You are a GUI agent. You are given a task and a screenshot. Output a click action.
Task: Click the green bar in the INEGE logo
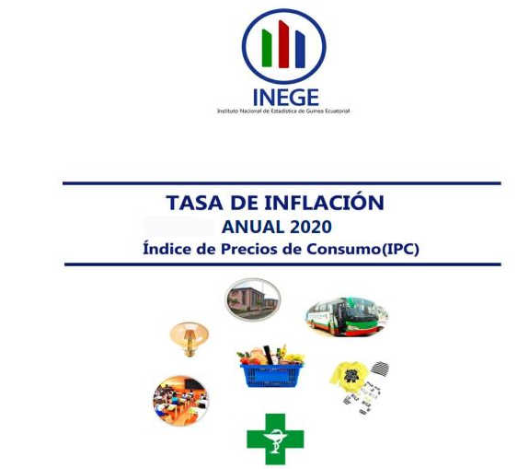click(x=267, y=48)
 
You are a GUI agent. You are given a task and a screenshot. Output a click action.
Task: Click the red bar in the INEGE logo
click(x=283, y=44)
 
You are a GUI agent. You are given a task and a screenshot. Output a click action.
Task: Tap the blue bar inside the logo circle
click(x=300, y=50)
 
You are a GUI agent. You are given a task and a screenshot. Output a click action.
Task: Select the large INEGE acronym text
click(x=286, y=98)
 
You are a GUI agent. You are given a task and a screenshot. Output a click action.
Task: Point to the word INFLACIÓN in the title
click(x=324, y=202)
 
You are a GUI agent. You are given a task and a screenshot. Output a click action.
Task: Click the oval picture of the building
click(x=253, y=299)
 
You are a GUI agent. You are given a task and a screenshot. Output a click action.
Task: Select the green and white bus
click(x=347, y=317)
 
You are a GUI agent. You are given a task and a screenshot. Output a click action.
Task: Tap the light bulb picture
click(x=189, y=339)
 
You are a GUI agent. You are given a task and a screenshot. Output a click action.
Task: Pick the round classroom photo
click(x=181, y=401)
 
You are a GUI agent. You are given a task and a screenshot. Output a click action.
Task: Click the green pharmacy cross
click(x=275, y=439)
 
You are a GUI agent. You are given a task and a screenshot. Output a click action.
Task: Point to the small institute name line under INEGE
click(x=283, y=111)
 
